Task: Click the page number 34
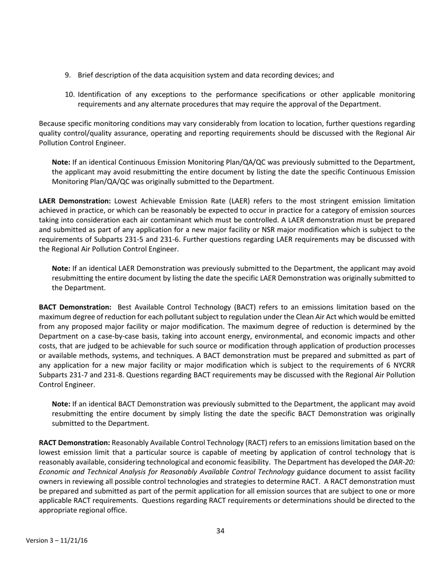(220, 531)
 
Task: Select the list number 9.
(68, 75)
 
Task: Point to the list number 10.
(70, 95)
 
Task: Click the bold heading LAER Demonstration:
(75, 201)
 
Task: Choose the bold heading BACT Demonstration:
(75, 307)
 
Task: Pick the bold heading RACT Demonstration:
(75, 443)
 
